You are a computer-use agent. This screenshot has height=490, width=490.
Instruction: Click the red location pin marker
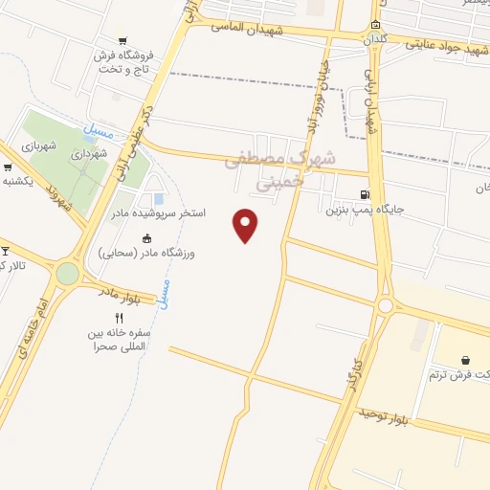point(247,224)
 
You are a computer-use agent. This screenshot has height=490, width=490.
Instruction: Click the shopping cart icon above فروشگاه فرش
point(122,40)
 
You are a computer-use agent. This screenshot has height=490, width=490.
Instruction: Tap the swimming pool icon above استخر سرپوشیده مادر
point(158,198)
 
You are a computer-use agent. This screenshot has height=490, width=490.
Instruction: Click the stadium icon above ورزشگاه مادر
point(146,238)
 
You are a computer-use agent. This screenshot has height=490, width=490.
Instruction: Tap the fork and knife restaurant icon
point(119,319)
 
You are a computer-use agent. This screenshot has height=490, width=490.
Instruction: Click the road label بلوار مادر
point(122,292)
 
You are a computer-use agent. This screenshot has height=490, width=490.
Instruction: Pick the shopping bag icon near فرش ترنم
point(465,360)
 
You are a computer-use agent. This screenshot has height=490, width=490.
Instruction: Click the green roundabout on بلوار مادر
point(67,274)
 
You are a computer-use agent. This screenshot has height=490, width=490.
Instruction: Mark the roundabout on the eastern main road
point(385,306)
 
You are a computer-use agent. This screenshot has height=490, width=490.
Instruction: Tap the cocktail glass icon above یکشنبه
point(8,167)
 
